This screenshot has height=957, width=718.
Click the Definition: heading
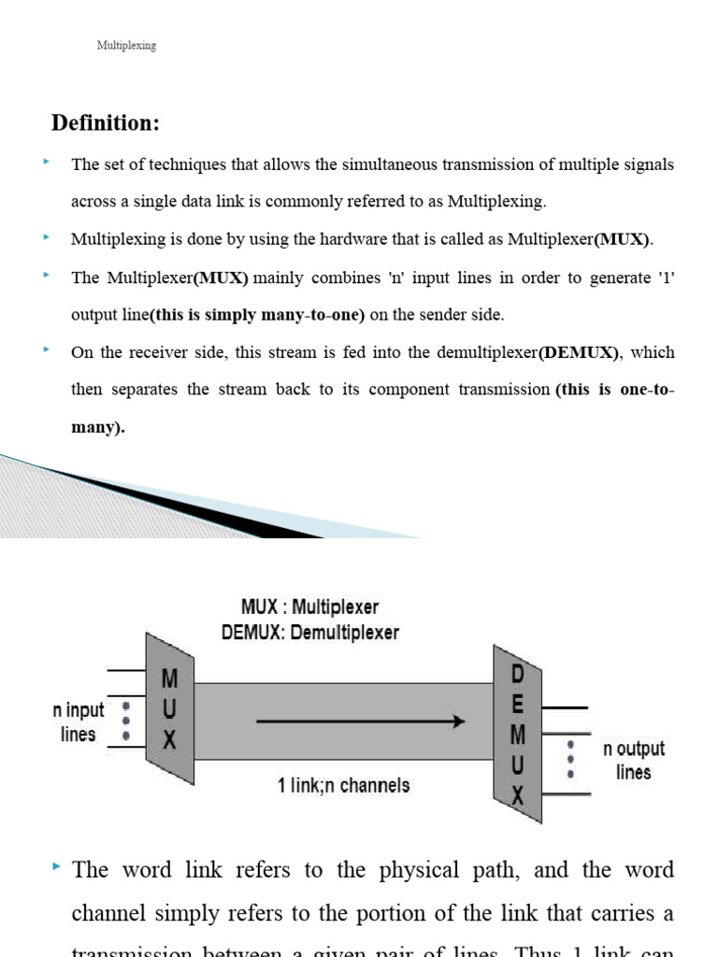[106, 123]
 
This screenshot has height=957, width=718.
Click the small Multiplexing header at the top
[126, 46]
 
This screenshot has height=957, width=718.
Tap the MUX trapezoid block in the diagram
[169, 709]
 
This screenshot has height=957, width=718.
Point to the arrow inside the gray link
[360, 721]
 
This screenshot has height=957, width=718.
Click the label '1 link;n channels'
[343, 785]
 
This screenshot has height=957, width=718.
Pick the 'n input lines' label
[79, 722]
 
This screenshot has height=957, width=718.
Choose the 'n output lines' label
[633, 760]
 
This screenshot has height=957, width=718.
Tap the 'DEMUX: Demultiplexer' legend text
[310, 633]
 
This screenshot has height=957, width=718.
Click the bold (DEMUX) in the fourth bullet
[579, 352]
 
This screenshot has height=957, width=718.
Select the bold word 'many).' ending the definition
[98, 427]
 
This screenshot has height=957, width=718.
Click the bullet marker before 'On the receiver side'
[45, 350]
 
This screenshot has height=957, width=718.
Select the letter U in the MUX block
[169, 709]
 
